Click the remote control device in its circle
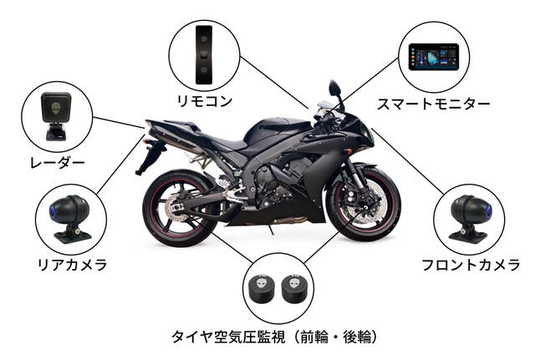[204, 54]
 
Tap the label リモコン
[204, 101]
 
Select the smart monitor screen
[434, 57]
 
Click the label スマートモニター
[433, 104]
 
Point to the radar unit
[56, 116]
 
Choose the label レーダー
[57, 163]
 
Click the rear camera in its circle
[70, 218]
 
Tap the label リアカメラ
[72, 265]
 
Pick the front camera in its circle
[470, 218]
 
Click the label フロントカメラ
[471, 265]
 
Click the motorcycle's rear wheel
[180, 208]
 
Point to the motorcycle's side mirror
[334, 89]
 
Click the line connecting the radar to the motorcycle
[119, 123]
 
